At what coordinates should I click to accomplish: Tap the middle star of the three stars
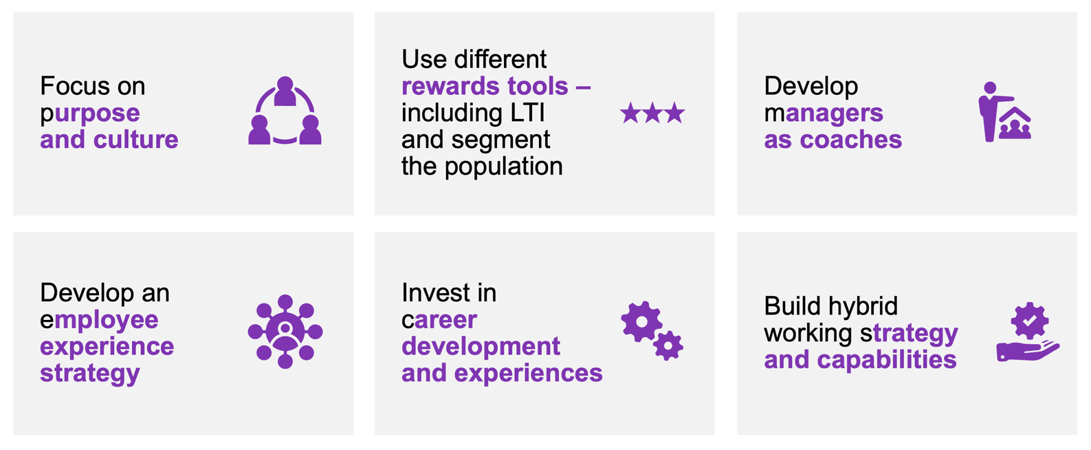(652, 113)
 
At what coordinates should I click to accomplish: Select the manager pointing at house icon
(1005, 111)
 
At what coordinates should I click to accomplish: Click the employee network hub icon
(285, 332)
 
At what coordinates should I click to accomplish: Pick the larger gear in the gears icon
(641, 321)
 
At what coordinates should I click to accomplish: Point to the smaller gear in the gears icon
(668, 345)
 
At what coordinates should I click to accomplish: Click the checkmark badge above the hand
(1029, 321)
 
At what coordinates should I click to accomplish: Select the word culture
(136, 140)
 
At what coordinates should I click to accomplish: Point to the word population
(504, 167)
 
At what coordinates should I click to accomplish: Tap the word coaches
(851, 140)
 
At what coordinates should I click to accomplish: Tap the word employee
(100, 321)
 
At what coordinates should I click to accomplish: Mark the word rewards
(450, 86)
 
